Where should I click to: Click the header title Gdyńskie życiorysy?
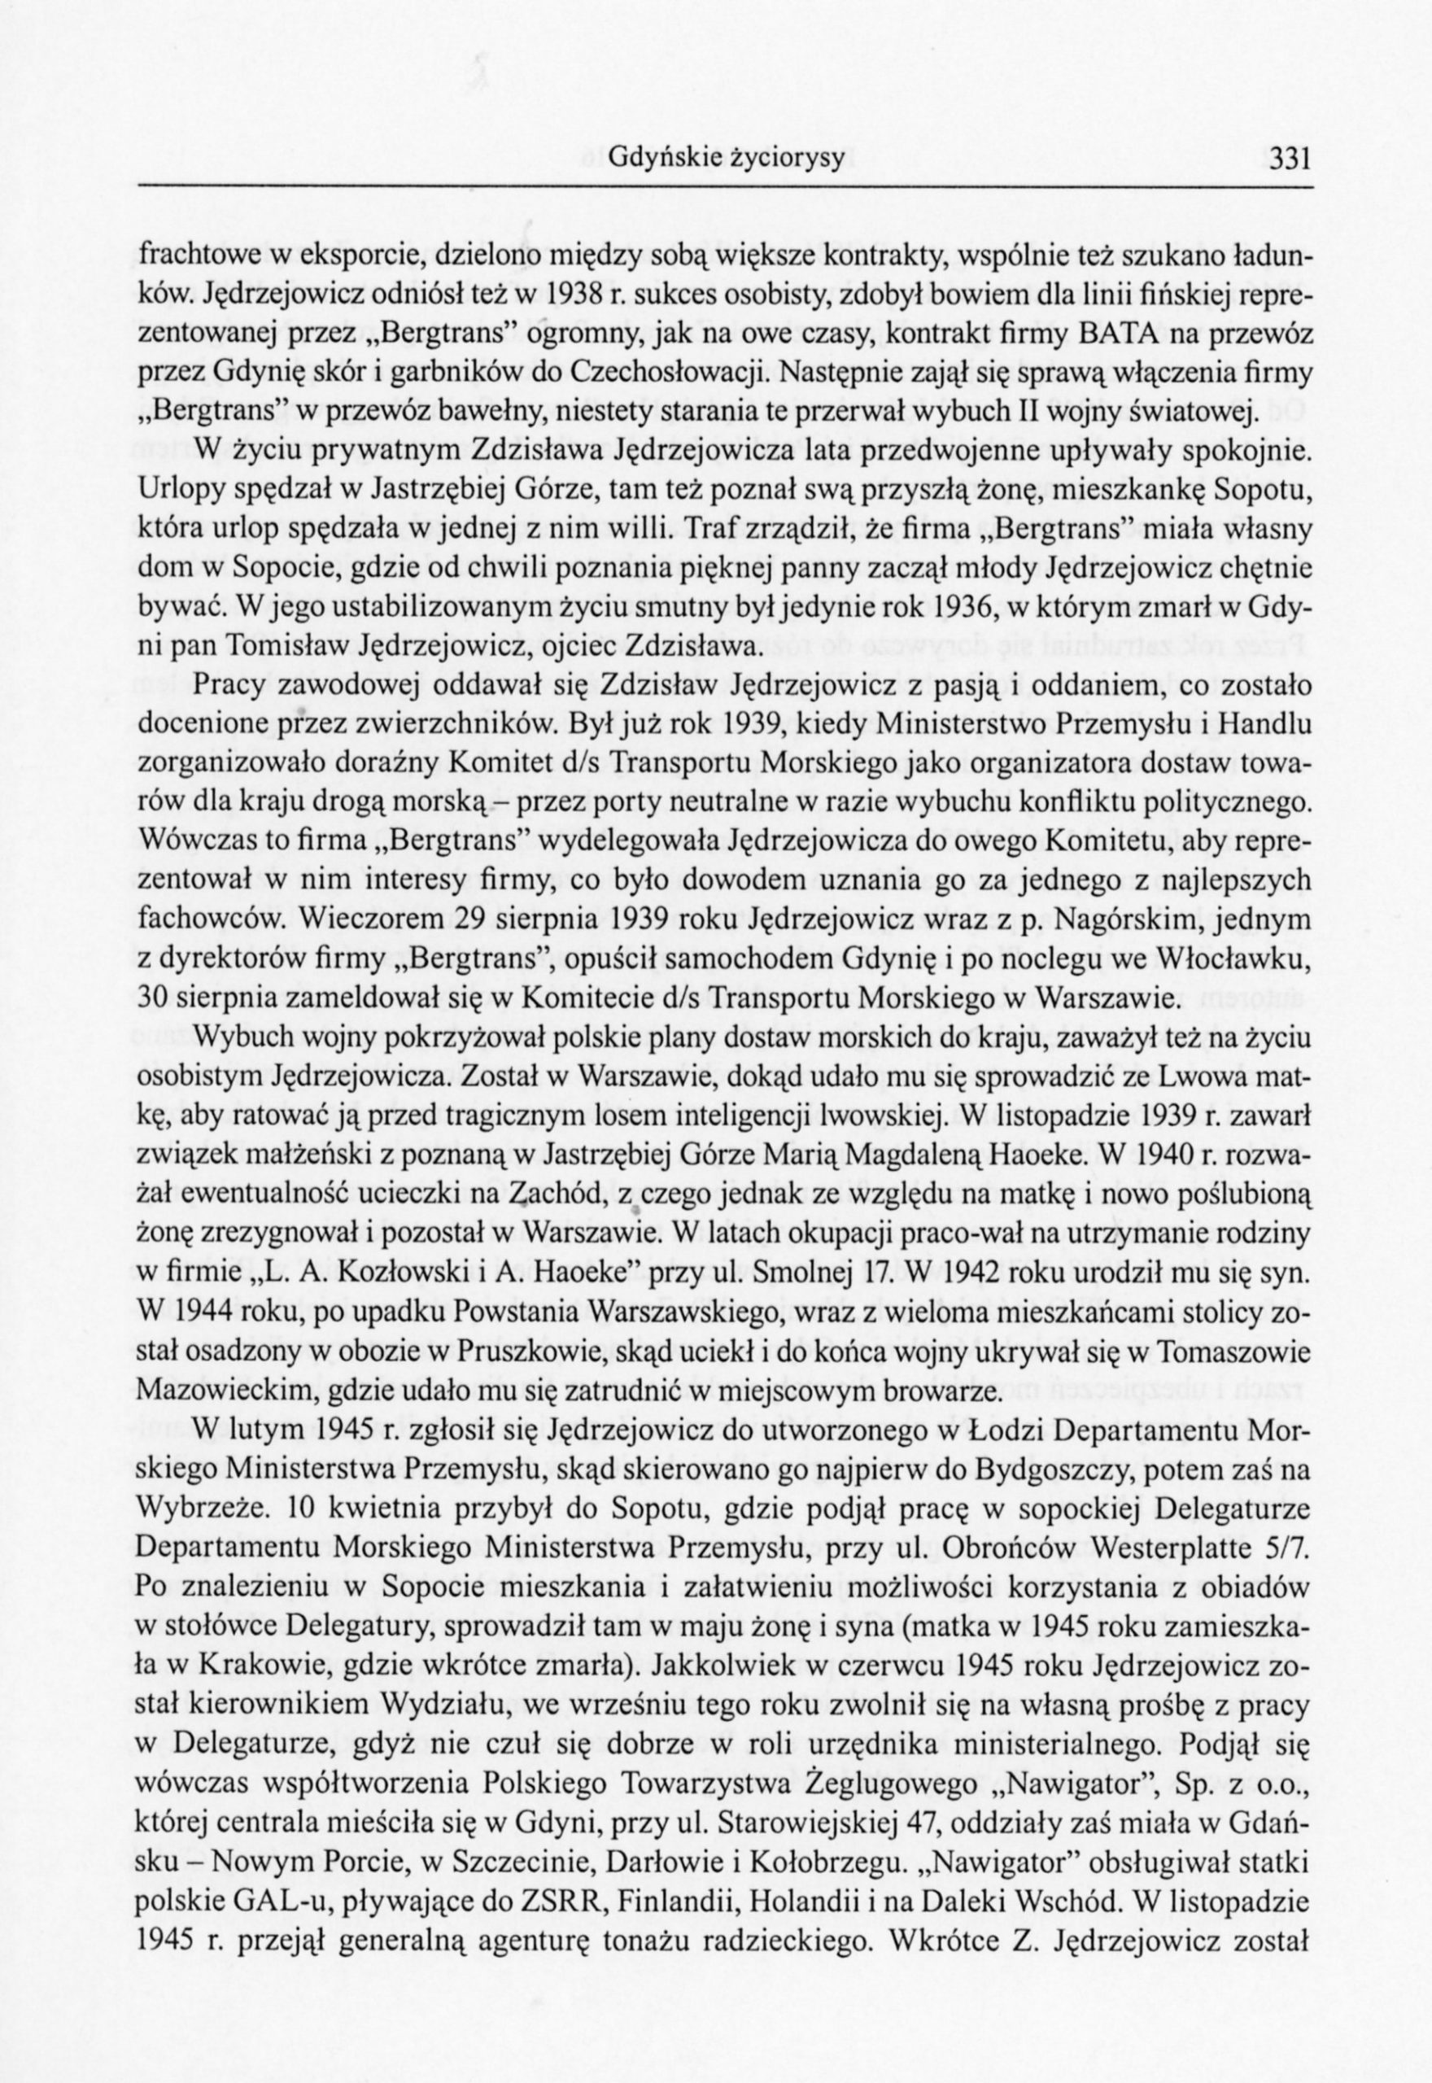[x=727, y=159]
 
